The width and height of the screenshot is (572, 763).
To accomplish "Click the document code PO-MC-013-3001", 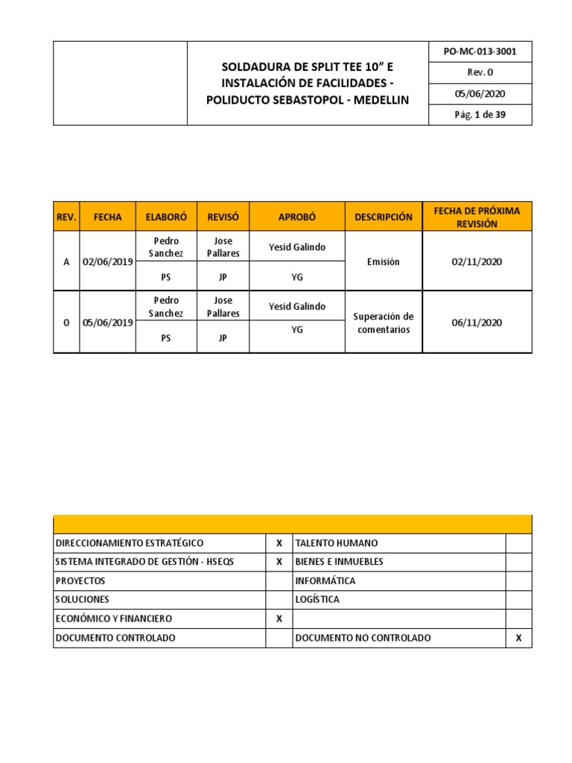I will [480, 52].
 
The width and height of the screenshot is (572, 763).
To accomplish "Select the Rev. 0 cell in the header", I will [480, 72].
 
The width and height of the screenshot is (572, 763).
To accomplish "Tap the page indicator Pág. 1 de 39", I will [480, 115].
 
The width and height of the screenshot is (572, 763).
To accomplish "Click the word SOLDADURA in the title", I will [251, 67].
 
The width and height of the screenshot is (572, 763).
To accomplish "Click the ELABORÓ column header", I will [166, 217].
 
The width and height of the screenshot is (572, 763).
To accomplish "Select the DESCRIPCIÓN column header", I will [383, 217].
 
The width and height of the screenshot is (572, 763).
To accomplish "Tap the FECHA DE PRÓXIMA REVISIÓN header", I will [477, 217].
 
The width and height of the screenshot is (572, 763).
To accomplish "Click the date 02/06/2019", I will [107, 262].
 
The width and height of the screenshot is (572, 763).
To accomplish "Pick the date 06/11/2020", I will [477, 323].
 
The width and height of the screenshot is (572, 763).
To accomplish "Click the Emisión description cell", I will [383, 262].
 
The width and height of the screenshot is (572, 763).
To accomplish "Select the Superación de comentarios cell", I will [383, 323].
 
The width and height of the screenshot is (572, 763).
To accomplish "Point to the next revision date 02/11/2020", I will [477, 262].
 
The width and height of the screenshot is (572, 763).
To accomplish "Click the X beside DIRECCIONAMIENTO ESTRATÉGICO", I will [279, 543].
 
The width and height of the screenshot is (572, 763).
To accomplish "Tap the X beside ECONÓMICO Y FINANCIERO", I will [279, 618].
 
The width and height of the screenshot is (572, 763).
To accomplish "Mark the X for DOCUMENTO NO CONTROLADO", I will [518, 638].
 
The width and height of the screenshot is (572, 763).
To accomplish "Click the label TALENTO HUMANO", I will [336, 543].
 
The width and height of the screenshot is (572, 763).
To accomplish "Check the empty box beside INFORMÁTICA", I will [518, 580].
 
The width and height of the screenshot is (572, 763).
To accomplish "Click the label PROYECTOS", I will [80, 580].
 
